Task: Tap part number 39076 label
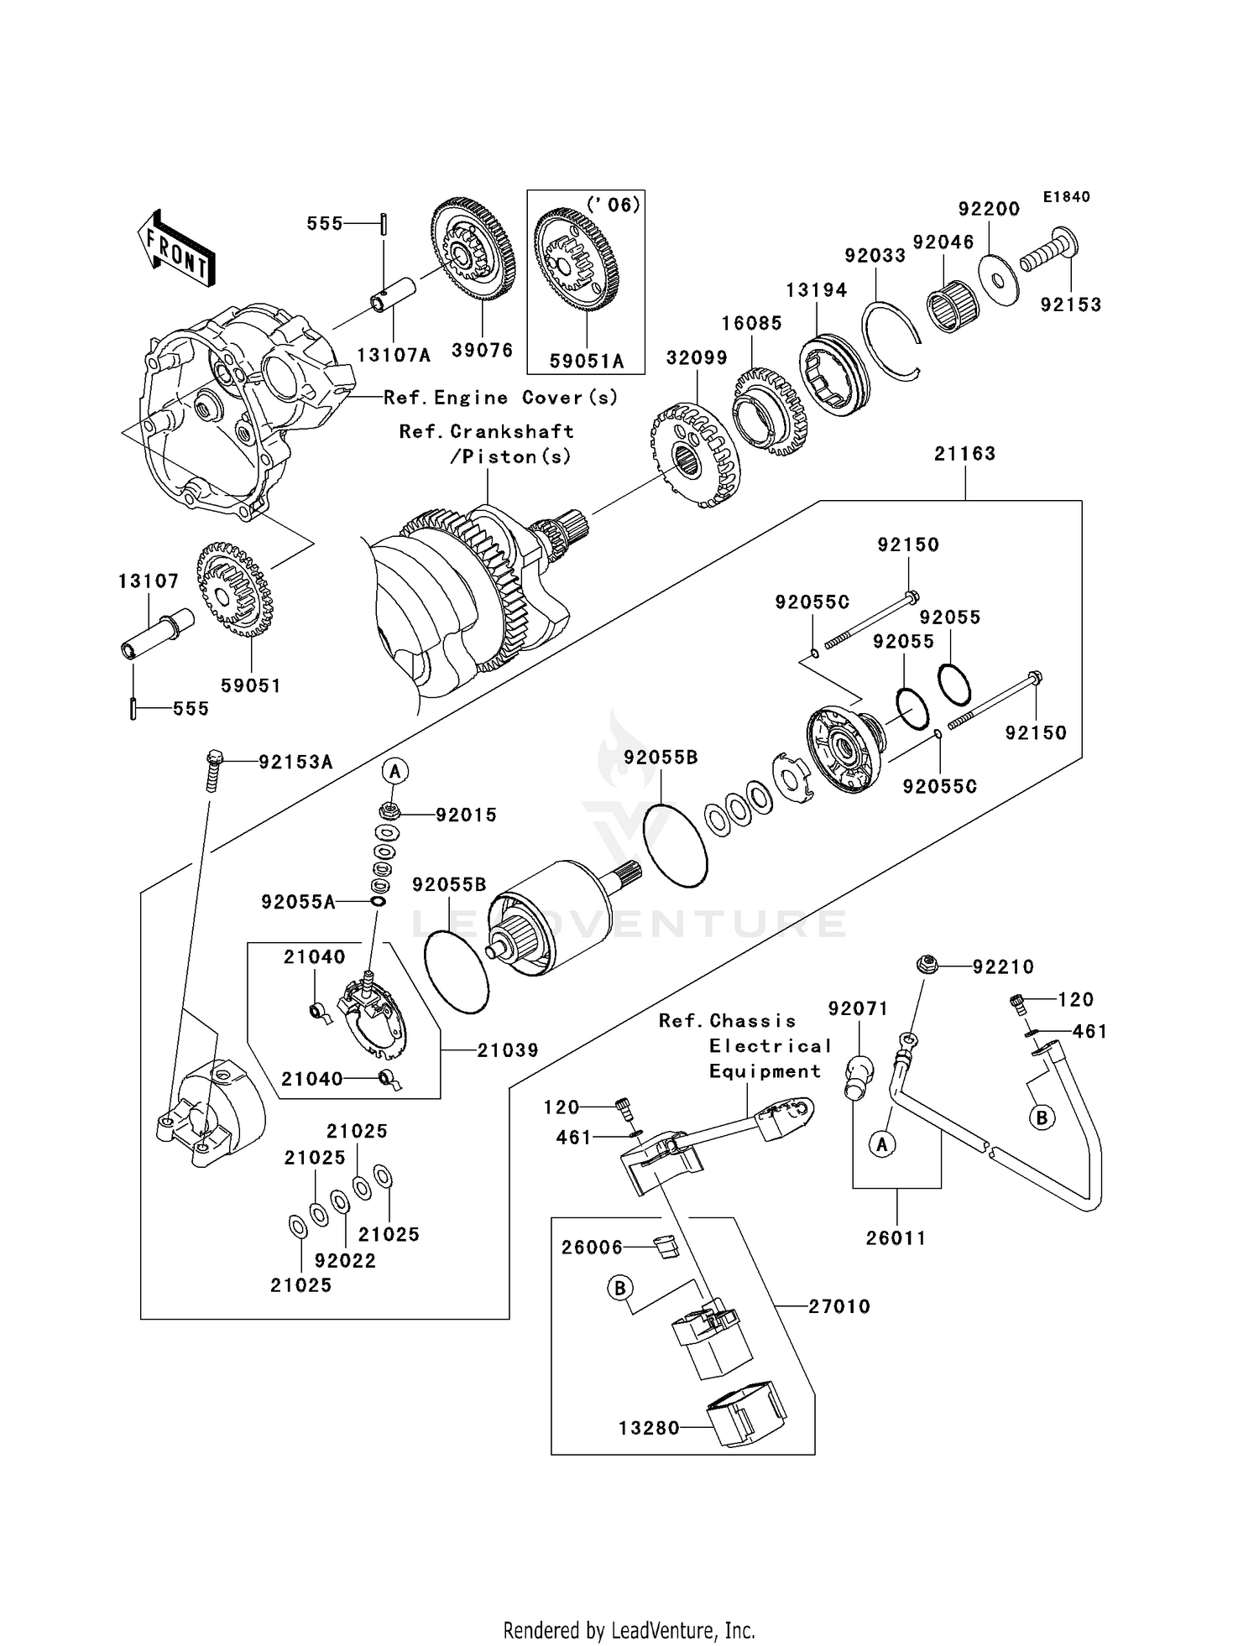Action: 482,351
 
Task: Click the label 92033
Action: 875,256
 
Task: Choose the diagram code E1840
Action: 1066,197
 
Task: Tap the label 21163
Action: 964,454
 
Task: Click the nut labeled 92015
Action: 389,811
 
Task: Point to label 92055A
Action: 298,902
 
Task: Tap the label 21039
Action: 507,1050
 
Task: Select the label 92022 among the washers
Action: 345,1260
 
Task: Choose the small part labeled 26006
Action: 666,1248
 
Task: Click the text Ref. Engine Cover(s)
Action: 500,398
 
